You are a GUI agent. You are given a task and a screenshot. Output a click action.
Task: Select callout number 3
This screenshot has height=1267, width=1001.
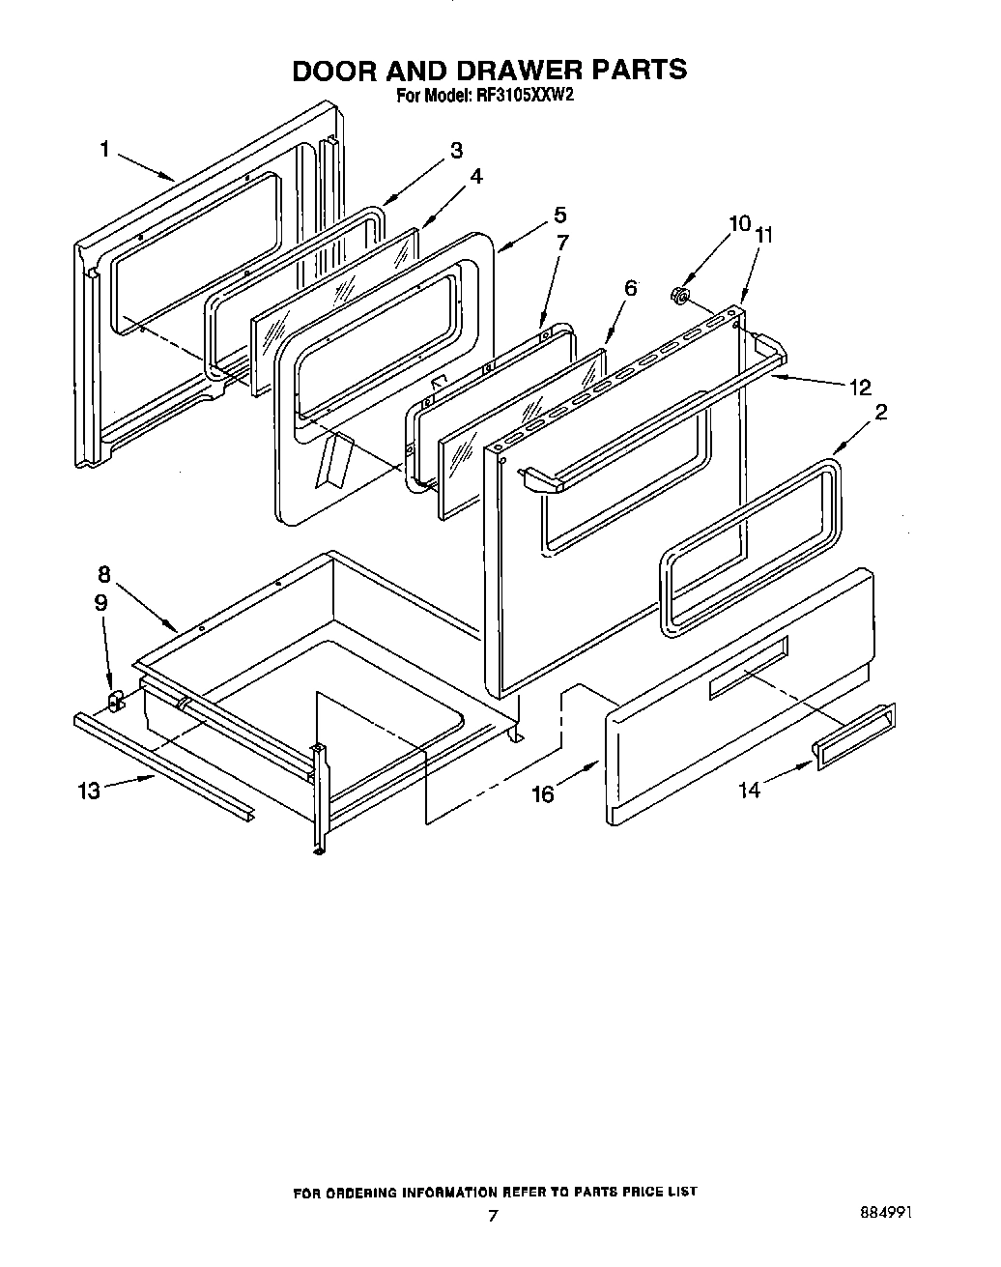(456, 150)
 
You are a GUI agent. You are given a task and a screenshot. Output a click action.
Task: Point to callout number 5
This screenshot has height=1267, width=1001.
(559, 215)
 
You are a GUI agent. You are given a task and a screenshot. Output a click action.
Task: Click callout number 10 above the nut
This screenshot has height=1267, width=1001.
(739, 224)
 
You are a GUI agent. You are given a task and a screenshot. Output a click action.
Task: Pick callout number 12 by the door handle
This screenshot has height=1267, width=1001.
(859, 388)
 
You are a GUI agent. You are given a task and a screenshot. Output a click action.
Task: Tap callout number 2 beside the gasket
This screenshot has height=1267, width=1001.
(880, 412)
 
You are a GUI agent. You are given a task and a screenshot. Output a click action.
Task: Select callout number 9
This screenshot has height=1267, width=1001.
(100, 601)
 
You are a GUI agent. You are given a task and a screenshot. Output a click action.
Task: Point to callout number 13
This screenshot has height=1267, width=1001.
(88, 791)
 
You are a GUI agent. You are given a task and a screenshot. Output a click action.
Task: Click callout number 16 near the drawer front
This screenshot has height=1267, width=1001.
(543, 793)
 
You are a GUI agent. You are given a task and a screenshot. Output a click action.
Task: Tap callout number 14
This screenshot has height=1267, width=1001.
(749, 791)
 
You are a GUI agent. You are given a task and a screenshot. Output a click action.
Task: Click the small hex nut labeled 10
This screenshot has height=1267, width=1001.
(679, 294)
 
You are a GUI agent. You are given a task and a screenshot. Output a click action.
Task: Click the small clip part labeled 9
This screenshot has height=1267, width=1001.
(114, 700)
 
